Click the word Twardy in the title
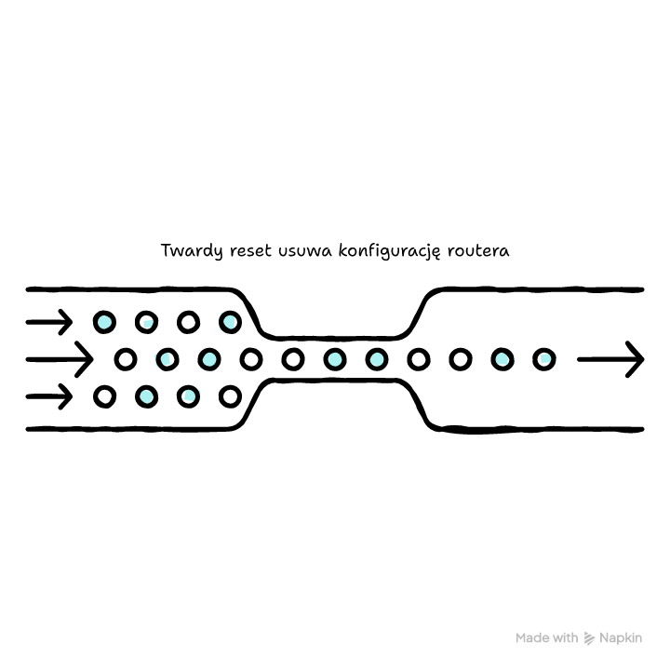pyautogui.click(x=192, y=251)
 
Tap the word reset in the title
pyautogui.click(x=250, y=251)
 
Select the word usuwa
pyautogui.click(x=304, y=251)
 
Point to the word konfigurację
pyautogui.click(x=389, y=251)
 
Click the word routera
pyautogui.click(x=478, y=251)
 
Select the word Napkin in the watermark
pyautogui.click(x=621, y=638)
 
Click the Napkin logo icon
pyautogui.click(x=589, y=638)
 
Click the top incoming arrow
pyautogui.click(x=49, y=322)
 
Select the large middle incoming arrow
pyautogui.click(x=60, y=359)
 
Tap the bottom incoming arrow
pyautogui.click(x=49, y=396)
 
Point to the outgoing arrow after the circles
pyautogui.click(x=610, y=359)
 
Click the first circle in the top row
pyautogui.click(x=104, y=322)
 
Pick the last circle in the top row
pyautogui.click(x=231, y=322)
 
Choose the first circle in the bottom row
pyautogui.click(x=104, y=396)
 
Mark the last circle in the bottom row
pyautogui.click(x=231, y=396)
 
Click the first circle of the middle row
pyautogui.click(x=126, y=359)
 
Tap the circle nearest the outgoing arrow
pyautogui.click(x=544, y=359)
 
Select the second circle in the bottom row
pyautogui.click(x=147, y=396)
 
